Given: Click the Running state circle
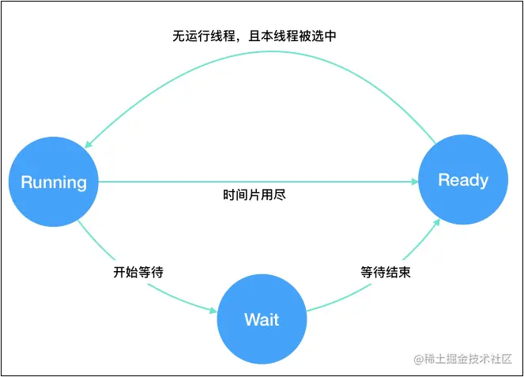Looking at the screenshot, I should (x=54, y=182).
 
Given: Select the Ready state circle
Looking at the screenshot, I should (x=463, y=180).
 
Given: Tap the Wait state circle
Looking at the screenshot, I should (x=262, y=320).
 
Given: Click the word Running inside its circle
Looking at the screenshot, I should (x=54, y=183).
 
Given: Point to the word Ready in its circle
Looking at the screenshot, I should (x=463, y=180).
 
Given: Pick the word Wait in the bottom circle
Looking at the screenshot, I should (x=262, y=320).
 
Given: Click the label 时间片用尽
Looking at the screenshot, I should (x=254, y=194).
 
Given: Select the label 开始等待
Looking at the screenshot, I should (x=138, y=272).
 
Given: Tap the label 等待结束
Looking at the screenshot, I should (x=386, y=272).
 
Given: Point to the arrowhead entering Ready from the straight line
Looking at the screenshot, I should (x=414, y=182).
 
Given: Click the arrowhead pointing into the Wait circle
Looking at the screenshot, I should (x=212, y=311).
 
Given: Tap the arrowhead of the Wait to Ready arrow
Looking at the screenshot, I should (x=438, y=226).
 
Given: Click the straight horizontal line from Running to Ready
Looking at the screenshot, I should (x=237, y=182).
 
